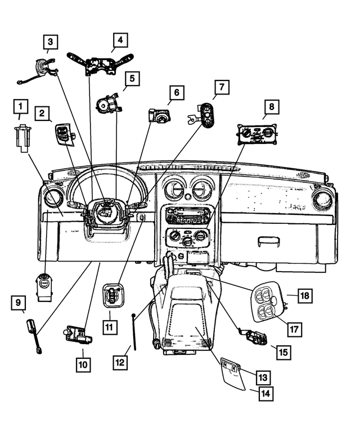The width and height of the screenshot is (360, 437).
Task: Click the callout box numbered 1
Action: coord(21,106)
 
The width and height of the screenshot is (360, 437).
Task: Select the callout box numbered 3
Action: coord(51,41)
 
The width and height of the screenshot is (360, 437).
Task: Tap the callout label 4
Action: coord(119,40)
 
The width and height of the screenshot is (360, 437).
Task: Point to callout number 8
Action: coord(272,106)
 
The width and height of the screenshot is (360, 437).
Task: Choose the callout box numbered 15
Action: coord(282,352)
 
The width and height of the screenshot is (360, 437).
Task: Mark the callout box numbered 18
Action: coord(305,295)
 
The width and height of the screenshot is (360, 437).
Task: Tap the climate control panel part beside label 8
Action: coord(256,137)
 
